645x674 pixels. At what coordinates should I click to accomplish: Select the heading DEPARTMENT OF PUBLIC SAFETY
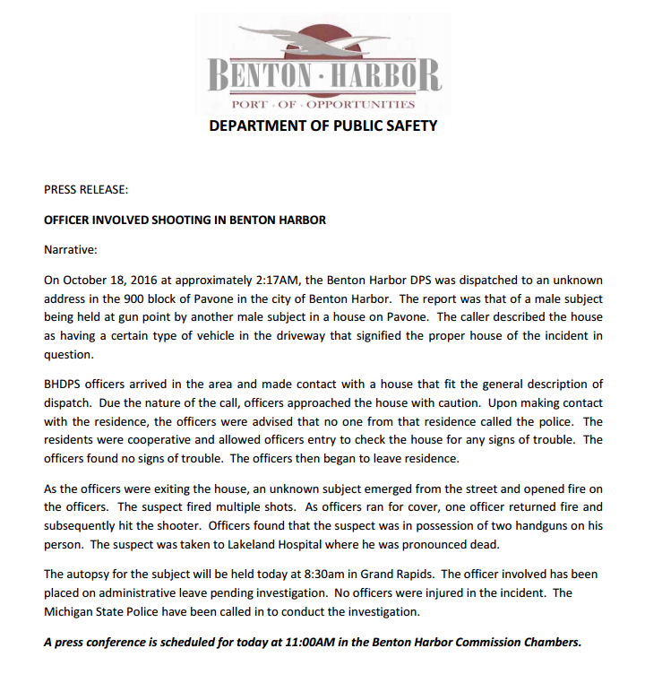322,126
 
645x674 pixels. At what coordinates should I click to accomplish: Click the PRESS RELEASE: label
86,189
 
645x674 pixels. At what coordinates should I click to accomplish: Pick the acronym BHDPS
64,385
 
